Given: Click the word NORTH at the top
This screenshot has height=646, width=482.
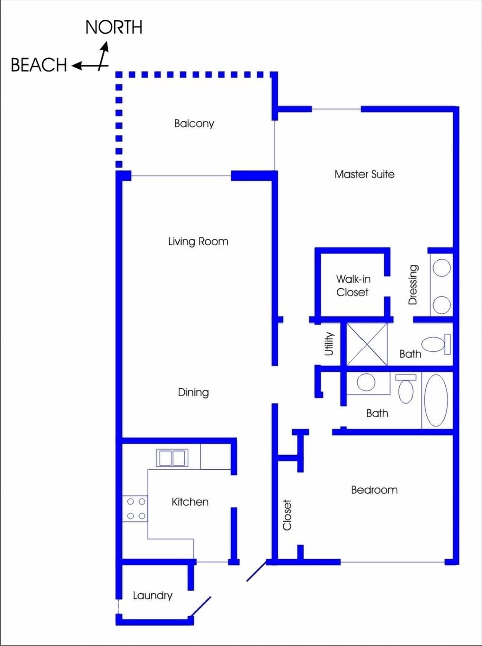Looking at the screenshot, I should pos(113,27).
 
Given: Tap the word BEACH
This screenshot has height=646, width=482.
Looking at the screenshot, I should pos(39,65).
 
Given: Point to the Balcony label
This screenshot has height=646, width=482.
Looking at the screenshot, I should pos(194,123).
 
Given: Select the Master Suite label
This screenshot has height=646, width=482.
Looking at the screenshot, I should pos(364,174).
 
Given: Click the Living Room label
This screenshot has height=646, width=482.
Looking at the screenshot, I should pos(198,241).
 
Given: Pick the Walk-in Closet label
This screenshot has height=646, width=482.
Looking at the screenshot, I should pos(352,286).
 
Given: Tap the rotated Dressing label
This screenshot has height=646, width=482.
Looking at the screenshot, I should pos(413,285).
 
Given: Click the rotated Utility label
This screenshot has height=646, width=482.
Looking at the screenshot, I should pos(329,344).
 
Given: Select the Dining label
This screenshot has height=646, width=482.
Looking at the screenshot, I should pos(193,392).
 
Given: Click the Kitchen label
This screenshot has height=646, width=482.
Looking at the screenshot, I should pos(190,502).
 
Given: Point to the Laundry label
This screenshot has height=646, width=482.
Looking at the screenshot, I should pos(152,595).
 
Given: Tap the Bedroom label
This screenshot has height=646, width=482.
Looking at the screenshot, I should pos(374,490).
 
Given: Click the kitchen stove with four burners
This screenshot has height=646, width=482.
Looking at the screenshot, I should pos(136,508).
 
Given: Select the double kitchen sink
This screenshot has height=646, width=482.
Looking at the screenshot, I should pos(172,458).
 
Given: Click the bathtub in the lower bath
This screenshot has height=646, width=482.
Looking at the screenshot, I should pos(436,400).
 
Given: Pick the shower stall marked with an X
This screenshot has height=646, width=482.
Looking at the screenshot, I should pos(367,344).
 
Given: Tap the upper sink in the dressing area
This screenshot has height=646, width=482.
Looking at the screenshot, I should pos(441,268).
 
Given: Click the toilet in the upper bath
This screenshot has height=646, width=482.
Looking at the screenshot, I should pos(435,344).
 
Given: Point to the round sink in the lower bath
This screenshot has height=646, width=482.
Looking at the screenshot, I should pos(366,383).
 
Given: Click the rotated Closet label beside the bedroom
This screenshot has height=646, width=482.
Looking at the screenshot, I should pos(287,515).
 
